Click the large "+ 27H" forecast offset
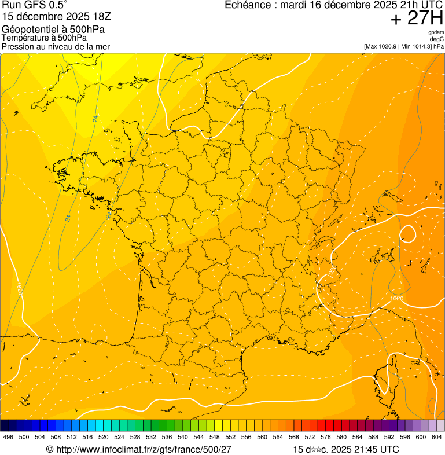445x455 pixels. click(x=417, y=19)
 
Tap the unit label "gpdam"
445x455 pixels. click(x=436, y=32)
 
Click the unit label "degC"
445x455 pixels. click(x=437, y=39)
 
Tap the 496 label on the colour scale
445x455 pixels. click(x=8, y=437)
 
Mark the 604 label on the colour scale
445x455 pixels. click(x=437, y=437)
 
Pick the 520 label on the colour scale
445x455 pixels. click(x=104, y=437)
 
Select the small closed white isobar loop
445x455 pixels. click(x=407, y=234)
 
